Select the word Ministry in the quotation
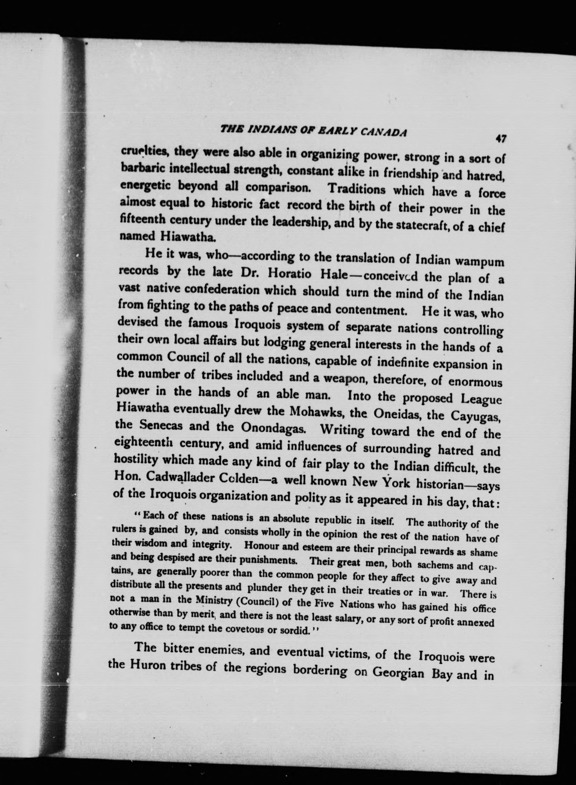point(212,600)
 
